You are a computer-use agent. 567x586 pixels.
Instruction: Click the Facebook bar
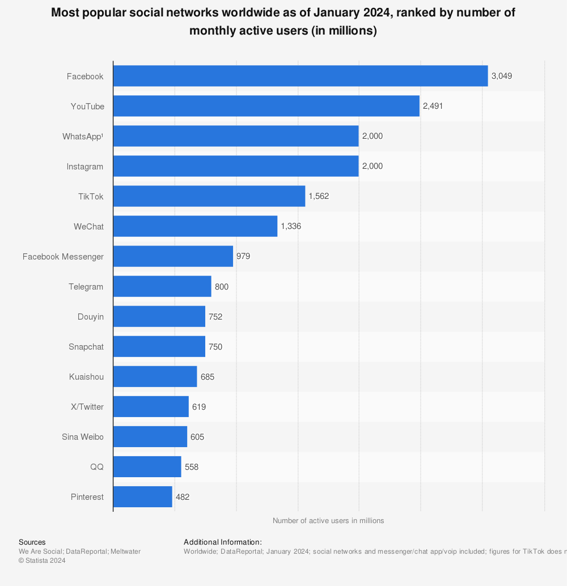(301, 76)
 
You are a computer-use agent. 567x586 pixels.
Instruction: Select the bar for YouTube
(266, 106)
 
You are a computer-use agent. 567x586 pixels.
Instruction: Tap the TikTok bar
(209, 196)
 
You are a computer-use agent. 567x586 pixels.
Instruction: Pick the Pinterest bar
(143, 497)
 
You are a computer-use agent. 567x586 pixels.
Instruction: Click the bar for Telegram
(162, 287)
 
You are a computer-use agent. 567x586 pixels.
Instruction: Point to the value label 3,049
(502, 76)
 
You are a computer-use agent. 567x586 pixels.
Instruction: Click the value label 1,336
(291, 226)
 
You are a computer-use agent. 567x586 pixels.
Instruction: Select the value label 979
(243, 256)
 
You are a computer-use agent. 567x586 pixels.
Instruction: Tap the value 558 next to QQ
(192, 467)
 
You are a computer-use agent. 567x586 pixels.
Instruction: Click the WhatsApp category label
(83, 136)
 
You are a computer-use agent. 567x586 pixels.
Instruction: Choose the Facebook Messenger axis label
(63, 257)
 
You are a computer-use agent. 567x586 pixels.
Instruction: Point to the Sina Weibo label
(83, 437)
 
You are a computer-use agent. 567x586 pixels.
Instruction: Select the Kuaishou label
(86, 377)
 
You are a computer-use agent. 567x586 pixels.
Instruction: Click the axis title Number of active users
(328, 520)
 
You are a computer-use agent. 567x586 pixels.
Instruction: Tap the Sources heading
(32, 542)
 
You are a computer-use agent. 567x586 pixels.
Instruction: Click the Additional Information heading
(223, 542)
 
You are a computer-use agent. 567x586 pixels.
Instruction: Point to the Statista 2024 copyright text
(42, 560)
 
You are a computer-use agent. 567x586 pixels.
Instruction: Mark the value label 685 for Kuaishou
(208, 377)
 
